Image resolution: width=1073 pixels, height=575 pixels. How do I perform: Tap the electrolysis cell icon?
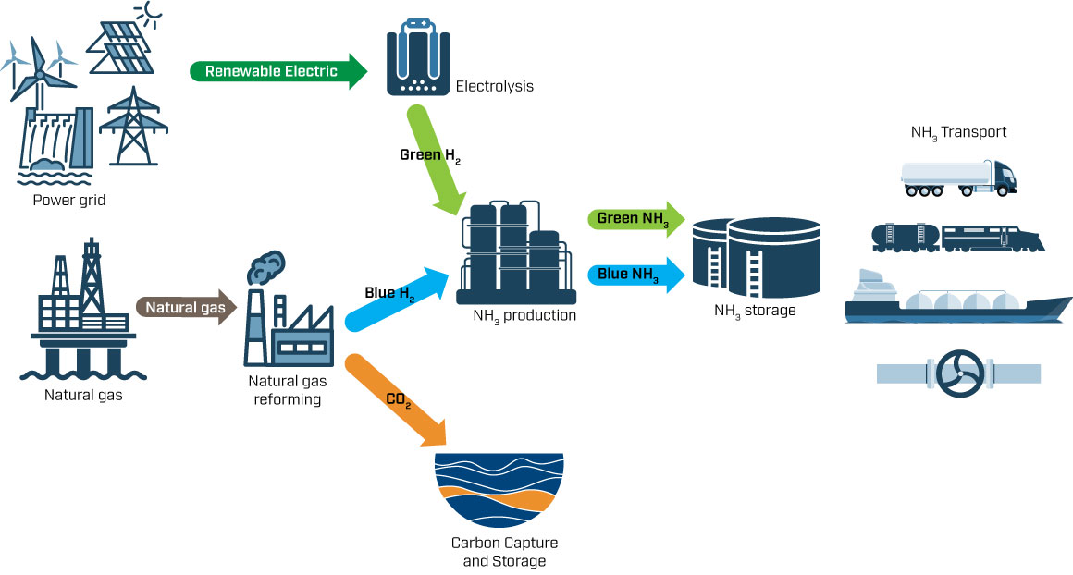417,58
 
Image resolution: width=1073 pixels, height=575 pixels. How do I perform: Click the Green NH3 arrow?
635,220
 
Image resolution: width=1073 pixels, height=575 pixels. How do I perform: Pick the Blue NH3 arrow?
635,275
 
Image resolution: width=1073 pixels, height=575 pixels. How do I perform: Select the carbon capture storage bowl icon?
499,490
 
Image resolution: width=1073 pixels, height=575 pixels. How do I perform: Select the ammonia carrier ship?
957,300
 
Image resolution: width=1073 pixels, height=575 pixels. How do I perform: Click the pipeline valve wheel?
959,373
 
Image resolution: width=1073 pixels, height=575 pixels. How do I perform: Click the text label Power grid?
69,198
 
